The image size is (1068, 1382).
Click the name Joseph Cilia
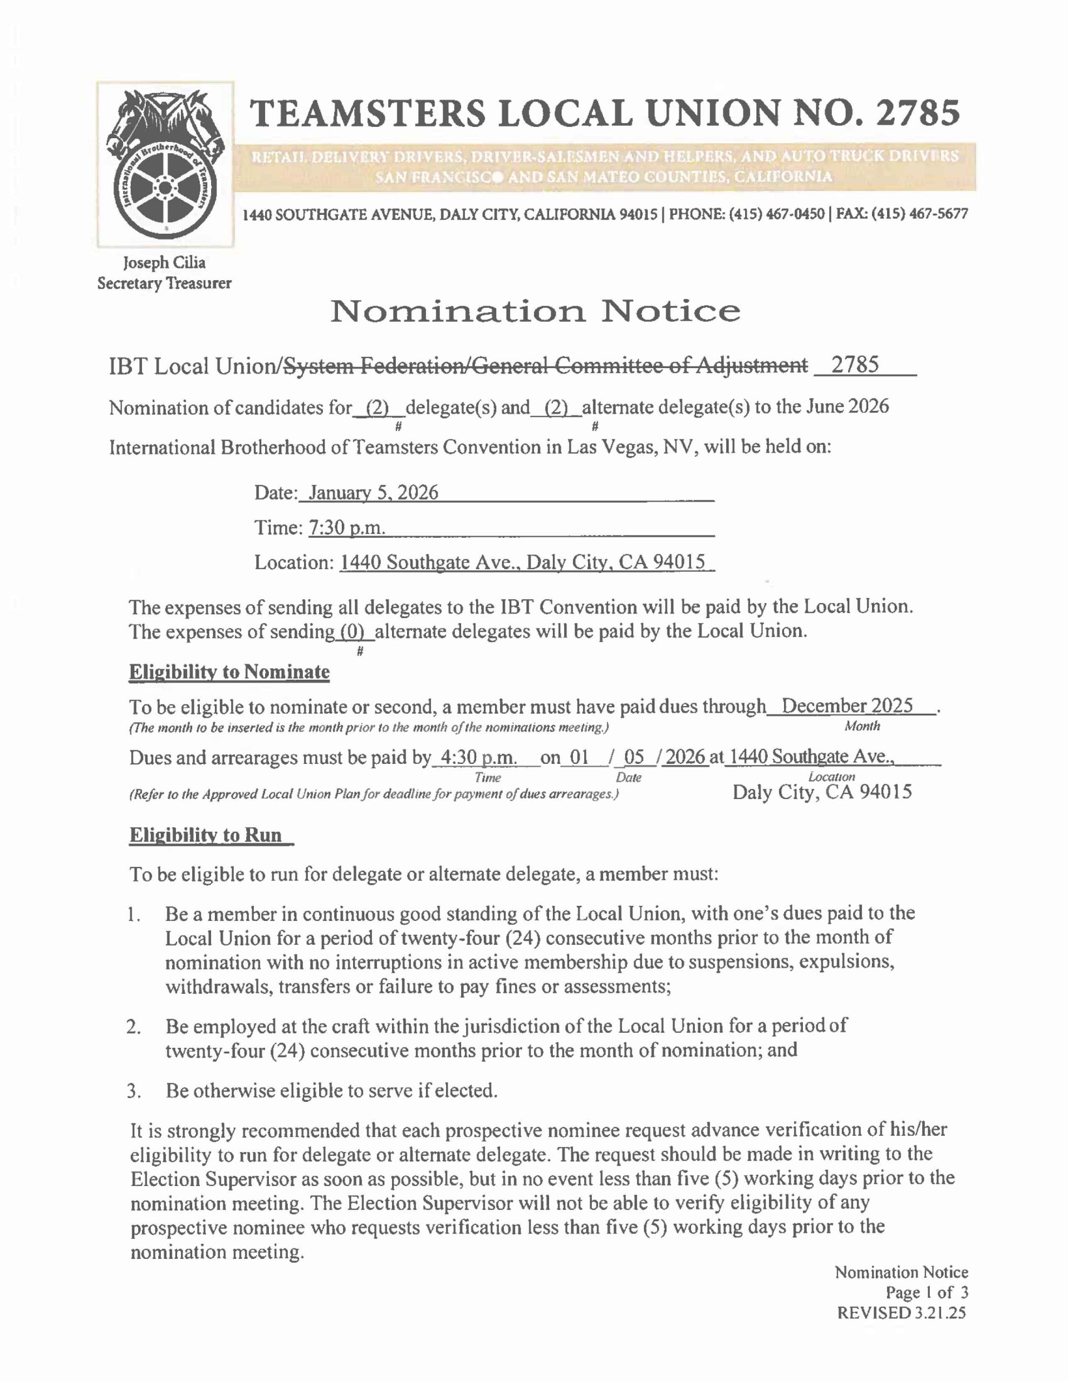(164, 262)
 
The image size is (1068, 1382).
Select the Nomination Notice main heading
(535, 311)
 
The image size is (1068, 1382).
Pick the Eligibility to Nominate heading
(229, 672)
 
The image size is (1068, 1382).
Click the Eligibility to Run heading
(206, 835)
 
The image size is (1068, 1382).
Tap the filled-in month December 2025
(847, 706)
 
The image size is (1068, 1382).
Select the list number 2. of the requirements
(133, 1026)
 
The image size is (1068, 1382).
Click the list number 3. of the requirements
(133, 1091)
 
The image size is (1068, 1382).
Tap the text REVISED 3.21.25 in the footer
(902, 1313)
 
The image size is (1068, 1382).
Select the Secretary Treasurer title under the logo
(164, 283)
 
